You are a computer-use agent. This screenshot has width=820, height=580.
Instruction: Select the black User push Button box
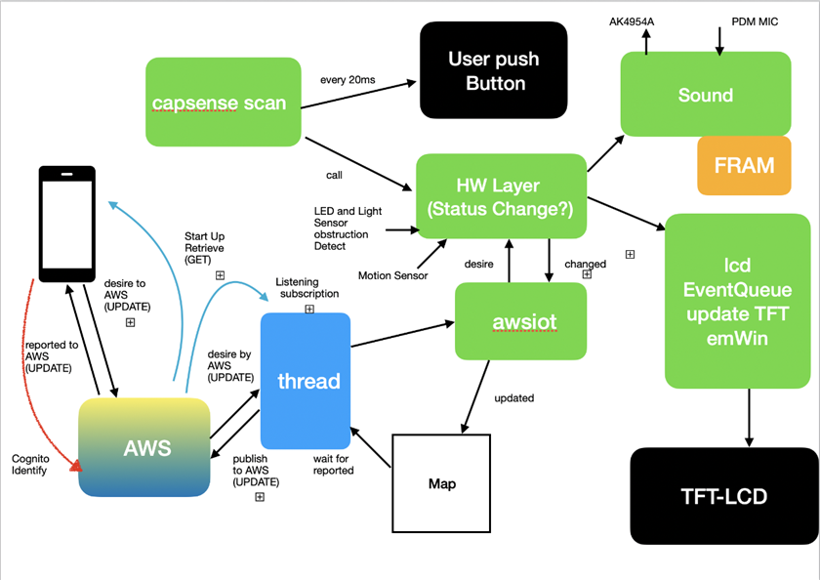[494, 71]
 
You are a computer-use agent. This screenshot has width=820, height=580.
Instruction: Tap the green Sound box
[706, 94]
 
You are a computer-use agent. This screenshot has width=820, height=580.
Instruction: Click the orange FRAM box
[744, 164]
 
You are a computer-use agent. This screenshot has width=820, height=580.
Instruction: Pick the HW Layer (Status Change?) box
[501, 196]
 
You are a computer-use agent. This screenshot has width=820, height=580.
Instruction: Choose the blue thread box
[306, 381]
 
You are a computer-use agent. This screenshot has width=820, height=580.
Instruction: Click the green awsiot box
[520, 320]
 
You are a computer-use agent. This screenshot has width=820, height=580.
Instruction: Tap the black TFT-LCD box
[723, 496]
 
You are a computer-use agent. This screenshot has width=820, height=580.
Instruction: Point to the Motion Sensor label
[392, 276]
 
